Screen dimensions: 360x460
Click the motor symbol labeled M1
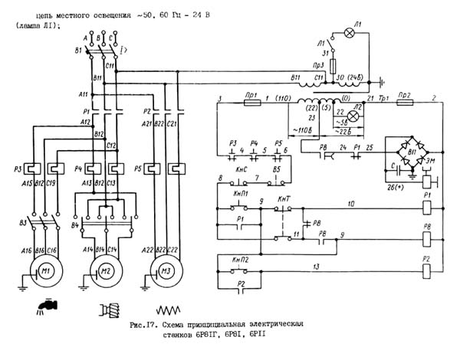click(47, 271)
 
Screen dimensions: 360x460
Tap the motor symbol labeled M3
click(164, 271)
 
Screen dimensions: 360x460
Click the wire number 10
click(350, 203)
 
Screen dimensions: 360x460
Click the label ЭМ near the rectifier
click(433, 162)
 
